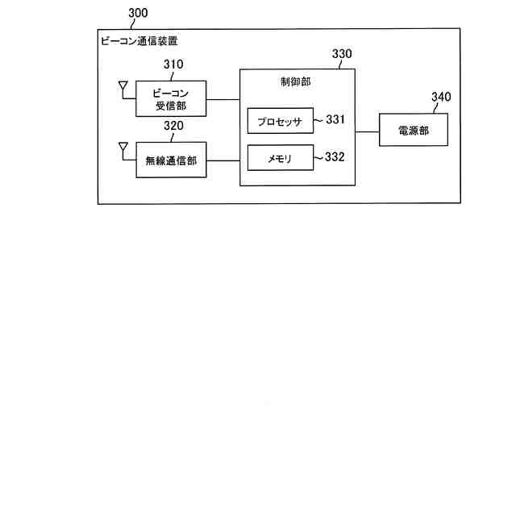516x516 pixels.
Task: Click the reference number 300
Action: [x=138, y=14]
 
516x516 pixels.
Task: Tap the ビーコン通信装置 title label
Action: [x=139, y=40]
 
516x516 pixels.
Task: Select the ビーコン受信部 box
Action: [x=170, y=98]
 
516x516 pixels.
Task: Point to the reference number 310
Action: [x=173, y=65]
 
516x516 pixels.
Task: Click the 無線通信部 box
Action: [x=170, y=160]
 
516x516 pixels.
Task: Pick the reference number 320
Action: [x=173, y=126]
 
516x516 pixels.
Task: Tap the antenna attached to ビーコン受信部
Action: [x=123, y=85]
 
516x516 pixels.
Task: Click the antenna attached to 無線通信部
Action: [x=123, y=148]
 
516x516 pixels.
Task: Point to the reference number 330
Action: [x=342, y=54]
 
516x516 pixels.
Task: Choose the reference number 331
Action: [x=335, y=119]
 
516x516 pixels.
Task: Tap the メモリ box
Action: [x=280, y=158]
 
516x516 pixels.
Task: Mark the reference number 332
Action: [x=335, y=157]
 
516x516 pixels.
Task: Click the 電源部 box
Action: [x=414, y=130]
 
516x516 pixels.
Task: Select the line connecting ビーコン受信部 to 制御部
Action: [x=223, y=99]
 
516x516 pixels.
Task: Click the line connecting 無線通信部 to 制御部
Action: [x=223, y=161]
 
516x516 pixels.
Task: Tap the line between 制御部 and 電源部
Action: [x=368, y=131]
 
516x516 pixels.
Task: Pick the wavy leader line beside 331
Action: [x=319, y=120]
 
